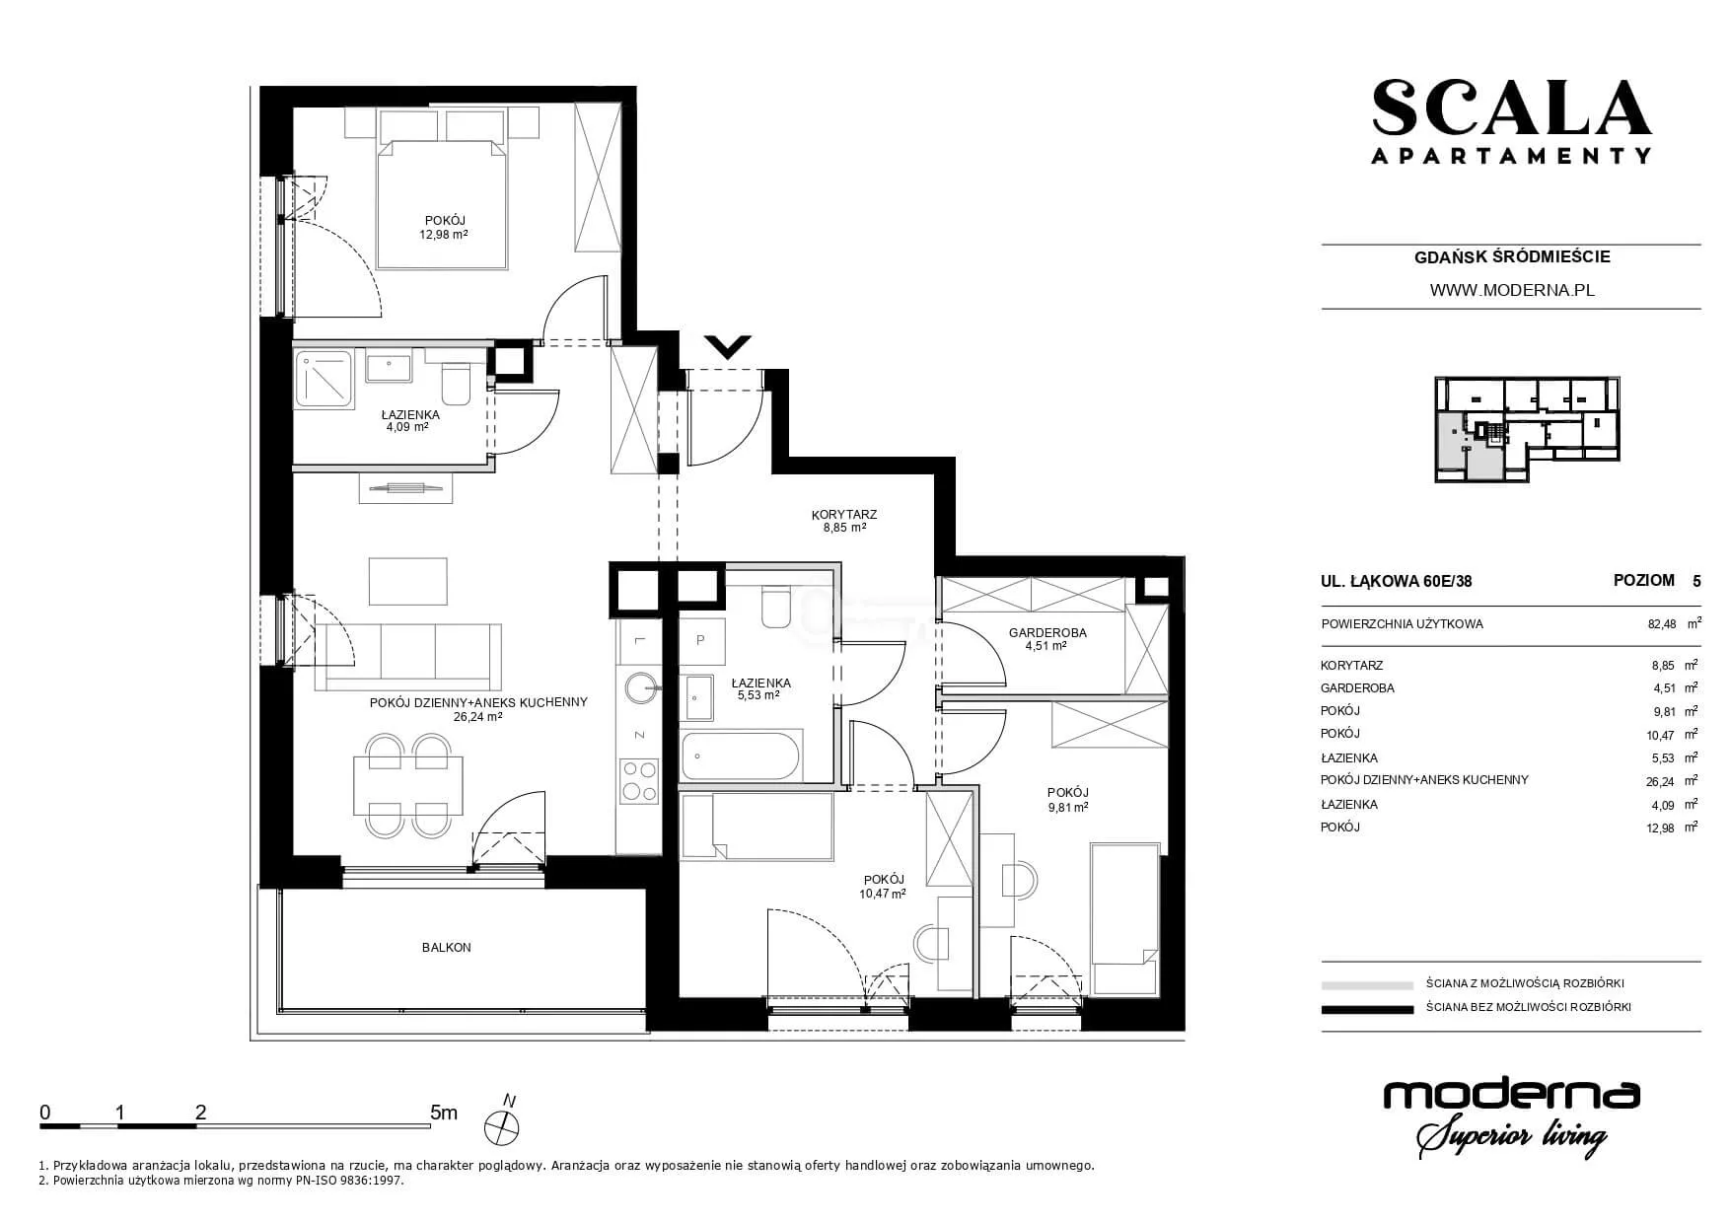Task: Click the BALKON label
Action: coord(447,947)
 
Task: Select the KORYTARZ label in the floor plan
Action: coord(844,514)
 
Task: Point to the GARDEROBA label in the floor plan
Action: coord(1047,632)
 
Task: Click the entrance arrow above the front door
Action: coord(729,347)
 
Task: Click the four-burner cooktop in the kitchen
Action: coord(639,779)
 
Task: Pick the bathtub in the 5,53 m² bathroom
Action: coord(742,756)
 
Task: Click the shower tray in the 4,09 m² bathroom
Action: coord(324,379)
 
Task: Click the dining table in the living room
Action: coord(408,785)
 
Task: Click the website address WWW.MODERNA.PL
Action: coord(1511,290)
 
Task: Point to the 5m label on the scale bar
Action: coord(445,1113)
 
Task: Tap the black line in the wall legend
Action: coord(1367,1009)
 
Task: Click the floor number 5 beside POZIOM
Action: coord(1696,581)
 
